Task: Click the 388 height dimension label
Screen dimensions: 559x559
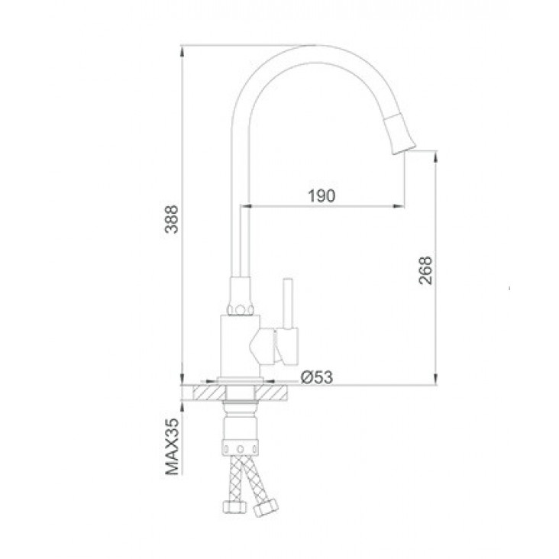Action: click(173, 219)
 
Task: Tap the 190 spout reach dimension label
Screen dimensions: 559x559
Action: click(322, 195)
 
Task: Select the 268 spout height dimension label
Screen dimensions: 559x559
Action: click(425, 270)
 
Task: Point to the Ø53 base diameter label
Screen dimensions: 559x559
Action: click(317, 376)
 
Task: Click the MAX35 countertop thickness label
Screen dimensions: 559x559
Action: click(173, 446)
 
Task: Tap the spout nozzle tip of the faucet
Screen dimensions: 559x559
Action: click(405, 149)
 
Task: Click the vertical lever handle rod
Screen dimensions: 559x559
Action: click(287, 303)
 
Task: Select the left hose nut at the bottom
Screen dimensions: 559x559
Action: click(234, 506)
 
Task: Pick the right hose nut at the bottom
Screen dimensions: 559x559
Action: click(266, 508)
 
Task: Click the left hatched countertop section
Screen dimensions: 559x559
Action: click(209, 393)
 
